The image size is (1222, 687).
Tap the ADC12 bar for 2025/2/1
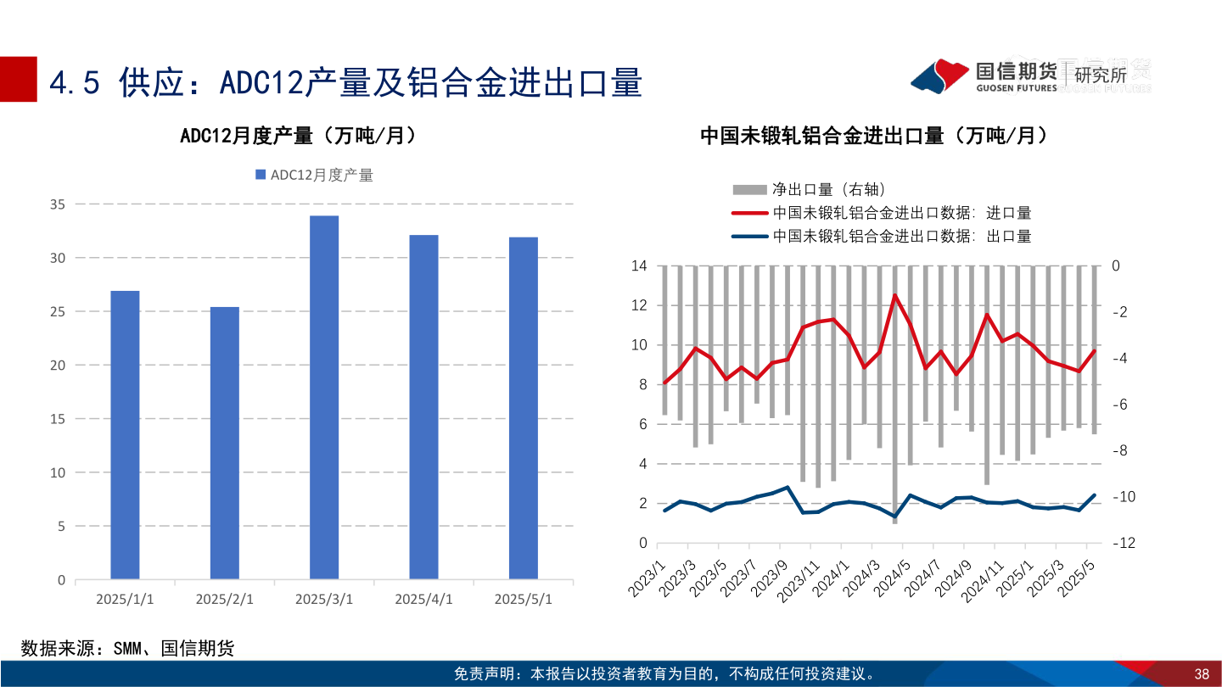(225, 443)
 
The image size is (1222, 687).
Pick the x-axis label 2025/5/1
(523, 599)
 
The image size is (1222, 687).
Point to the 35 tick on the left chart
(58, 204)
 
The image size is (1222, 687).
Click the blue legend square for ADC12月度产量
(261, 175)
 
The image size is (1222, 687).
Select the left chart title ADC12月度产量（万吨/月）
(298, 136)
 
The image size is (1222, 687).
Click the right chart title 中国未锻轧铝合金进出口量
(873, 136)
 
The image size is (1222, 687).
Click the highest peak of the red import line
(894, 295)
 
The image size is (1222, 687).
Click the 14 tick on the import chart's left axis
(639, 266)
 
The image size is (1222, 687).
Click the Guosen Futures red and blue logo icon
(939, 75)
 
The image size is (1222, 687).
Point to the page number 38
(1201, 674)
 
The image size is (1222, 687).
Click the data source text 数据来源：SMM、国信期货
(127, 649)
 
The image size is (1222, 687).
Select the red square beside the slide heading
(18, 79)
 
